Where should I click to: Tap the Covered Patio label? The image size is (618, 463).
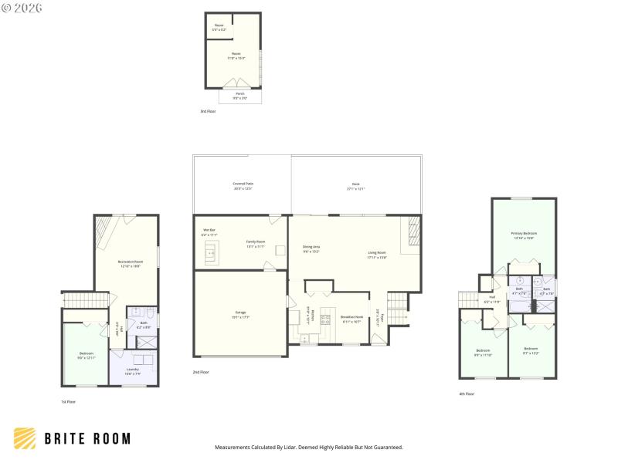(243, 186)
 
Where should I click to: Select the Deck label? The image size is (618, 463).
(355, 186)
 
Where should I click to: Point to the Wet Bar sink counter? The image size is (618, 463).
(209, 251)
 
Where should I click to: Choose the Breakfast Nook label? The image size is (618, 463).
(351, 318)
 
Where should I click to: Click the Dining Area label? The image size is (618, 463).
(311, 249)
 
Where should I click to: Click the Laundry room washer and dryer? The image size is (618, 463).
(144, 359)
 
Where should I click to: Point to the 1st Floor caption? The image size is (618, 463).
(69, 401)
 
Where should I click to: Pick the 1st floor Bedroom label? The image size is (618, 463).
(86, 355)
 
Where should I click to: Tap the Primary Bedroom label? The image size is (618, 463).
(523, 235)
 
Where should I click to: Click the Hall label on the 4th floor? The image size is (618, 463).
(491, 298)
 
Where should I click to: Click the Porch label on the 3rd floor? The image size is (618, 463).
(239, 96)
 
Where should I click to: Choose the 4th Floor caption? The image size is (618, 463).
(467, 394)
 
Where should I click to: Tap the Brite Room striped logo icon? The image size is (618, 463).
(25, 438)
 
